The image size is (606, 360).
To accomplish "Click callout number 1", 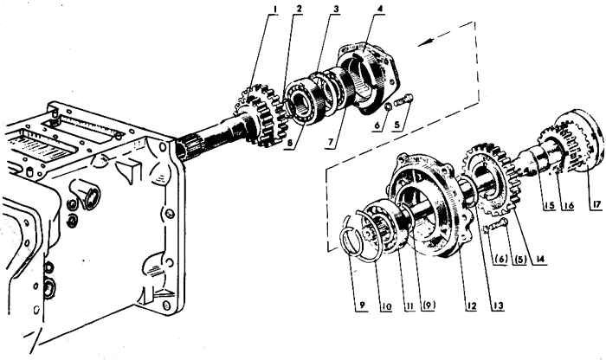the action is (x=274, y=9).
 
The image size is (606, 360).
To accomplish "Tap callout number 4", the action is (x=381, y=9).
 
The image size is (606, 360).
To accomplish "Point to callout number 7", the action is (x=331, y=142).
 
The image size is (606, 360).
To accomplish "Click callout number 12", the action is (x=471, y=305).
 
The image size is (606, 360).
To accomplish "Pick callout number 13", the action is (x=498, y=305).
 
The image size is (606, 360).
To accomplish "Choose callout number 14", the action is (x=539, y=260).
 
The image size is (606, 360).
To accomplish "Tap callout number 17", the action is (x=596, y=205).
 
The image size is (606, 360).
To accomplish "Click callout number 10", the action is (x=386, y=305).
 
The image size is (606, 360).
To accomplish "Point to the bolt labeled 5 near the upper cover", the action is (x=403, y=100).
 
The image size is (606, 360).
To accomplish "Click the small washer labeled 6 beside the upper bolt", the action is (x=386, y=106).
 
